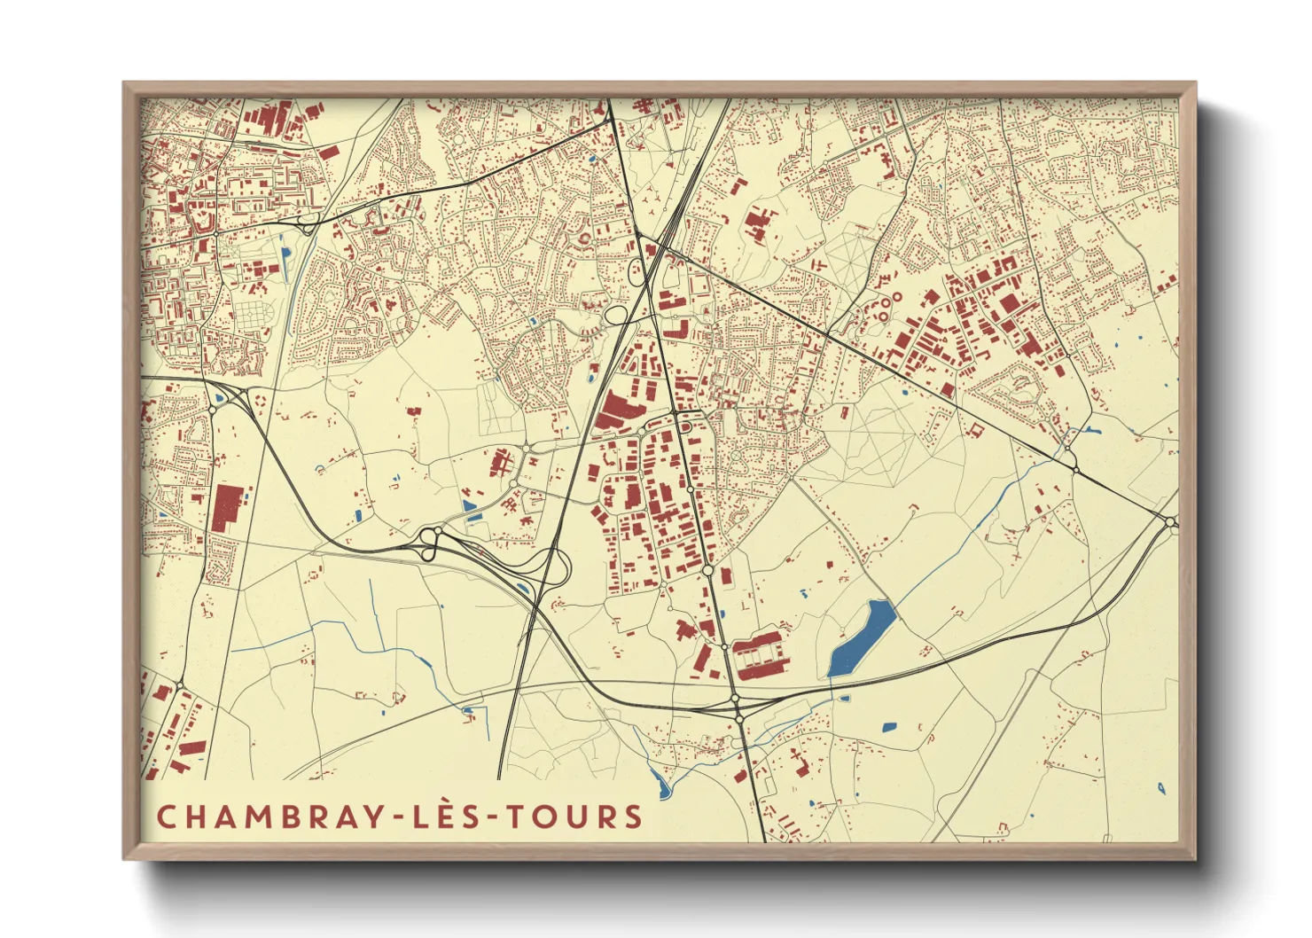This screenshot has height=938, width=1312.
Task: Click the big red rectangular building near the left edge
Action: [228, 508]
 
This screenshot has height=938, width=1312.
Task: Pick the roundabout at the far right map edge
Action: [1170, 522]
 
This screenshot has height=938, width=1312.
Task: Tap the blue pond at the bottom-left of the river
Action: [660, 783]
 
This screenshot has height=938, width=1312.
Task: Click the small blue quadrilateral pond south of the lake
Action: [889, 728]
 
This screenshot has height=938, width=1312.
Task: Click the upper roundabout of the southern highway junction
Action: [735, 700]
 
